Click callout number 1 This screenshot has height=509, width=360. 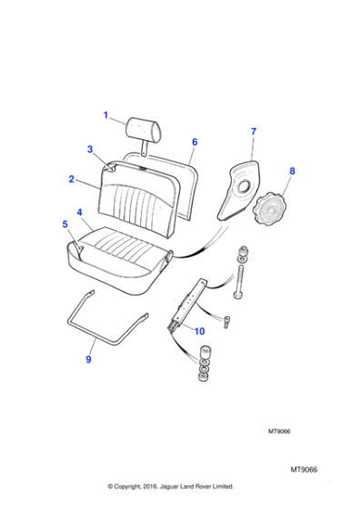pyautogui.click(x=105, y=115)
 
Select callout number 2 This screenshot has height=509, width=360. pyautogui.click(x=71, y=180)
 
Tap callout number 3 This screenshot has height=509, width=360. pyautogui.click(x=90, y=149)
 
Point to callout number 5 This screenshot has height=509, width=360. pyautogui.click(x=65, y=223)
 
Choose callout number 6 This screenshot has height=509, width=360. pyautogui.click(x=194, y=143)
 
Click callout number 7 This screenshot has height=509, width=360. pyautogui.click(x=253, y=133)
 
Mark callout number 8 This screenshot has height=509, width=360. pyautogui.click(x=292, y=171)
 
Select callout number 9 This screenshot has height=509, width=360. pyautogui.click(x=88, y=359)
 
